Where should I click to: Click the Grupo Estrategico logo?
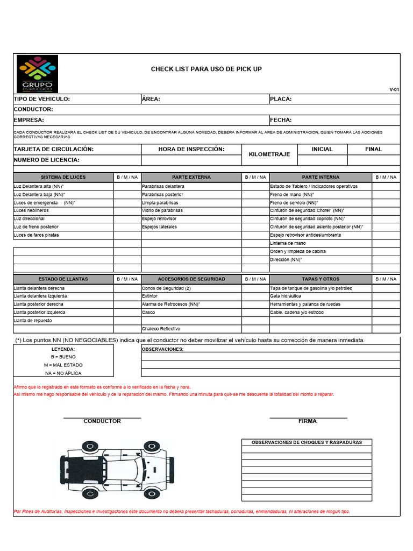[37, 74]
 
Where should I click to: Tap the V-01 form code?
[394, 90]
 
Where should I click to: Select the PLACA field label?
[280, 99]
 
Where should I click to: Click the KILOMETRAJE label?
[269, 154]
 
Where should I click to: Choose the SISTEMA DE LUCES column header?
[63, 177]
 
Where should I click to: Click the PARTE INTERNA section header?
[321, 177]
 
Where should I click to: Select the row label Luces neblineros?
[31, 211]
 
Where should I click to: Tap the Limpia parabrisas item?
[160, 203]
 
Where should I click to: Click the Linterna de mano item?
[288, 243]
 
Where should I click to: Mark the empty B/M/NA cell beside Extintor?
[255, 296]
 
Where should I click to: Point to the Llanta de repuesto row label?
[33, 320]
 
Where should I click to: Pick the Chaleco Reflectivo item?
[161, 328]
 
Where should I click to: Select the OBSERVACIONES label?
[162, 349]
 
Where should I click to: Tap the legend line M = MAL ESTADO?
[63, 365]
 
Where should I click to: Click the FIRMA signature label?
[308, 421]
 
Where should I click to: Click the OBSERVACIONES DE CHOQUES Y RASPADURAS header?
[307, 442]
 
